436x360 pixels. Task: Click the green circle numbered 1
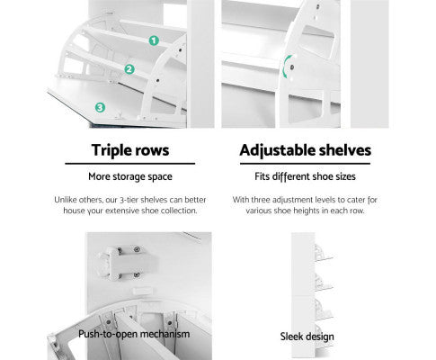coord(154,40)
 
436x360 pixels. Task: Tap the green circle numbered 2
coord(129,69)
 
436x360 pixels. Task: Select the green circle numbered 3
coord(100,107)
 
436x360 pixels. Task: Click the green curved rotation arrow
coord(285,67)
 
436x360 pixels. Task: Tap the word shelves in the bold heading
coord(344,150)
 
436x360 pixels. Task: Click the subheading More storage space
coord(130,176)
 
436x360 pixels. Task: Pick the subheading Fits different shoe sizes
coord(305,176)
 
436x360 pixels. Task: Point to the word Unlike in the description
coord(63,200)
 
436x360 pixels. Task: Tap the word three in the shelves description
coord(261,200)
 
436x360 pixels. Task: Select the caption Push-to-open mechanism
coord(134,334)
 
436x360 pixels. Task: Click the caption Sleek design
coord(307,337)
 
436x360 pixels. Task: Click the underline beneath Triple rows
coord(130,164)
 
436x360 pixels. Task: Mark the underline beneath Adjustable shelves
coord(305,164)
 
